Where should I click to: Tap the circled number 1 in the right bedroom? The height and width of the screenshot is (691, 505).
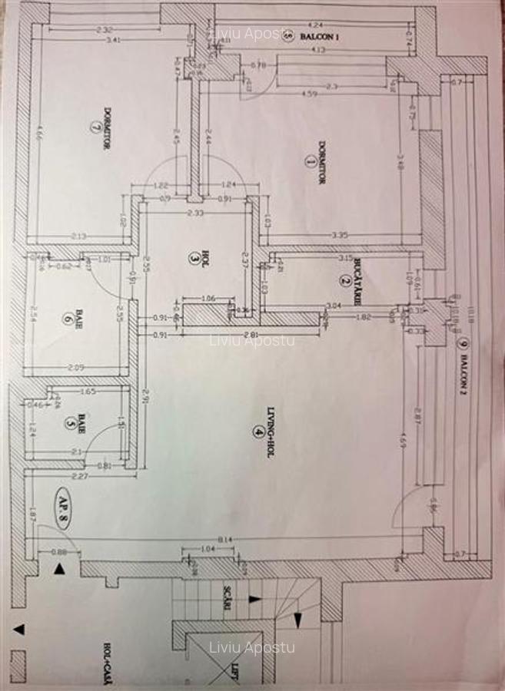(x=310, y=161)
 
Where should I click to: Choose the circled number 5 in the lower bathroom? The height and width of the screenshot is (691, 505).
(x=70, y=422)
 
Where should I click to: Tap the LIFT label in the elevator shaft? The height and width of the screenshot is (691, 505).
(x=234, y=673)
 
